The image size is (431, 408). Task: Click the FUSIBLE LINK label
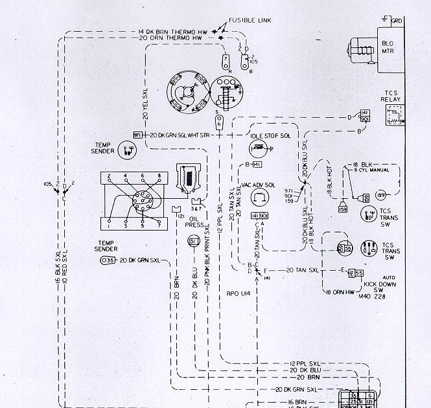tap(250, 21)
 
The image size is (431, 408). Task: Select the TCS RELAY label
tap(391, 96)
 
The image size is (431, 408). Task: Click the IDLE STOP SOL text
tap(270, 135)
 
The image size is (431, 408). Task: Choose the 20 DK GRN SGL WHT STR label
tap(180, 135)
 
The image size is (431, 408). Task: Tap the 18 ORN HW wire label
tap(340, 292)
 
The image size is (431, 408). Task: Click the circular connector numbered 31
tap(193, 242)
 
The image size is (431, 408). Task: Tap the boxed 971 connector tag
tap(137, 135)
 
